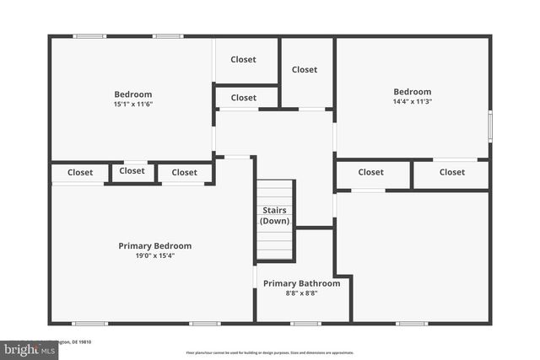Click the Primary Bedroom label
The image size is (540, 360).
(154, 246)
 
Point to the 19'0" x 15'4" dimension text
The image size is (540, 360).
(154, 256)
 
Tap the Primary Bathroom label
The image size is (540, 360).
(301, 283)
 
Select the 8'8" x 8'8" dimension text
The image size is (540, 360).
(301, 293)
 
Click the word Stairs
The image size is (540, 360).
(274, 210)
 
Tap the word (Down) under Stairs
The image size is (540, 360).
(274, 221)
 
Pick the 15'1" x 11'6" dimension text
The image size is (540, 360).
(133, 105)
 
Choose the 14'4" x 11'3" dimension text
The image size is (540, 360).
(412, 102)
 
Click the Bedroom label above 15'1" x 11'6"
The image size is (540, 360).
(133, 94)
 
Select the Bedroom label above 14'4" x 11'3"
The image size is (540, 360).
(412, 92)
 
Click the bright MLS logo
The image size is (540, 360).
(24, 349)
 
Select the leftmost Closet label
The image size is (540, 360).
(80, 173)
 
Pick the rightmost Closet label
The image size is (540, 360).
(451, 172)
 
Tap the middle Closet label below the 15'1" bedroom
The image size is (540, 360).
(132, 171)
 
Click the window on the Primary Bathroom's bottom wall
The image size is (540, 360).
(305, 323)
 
